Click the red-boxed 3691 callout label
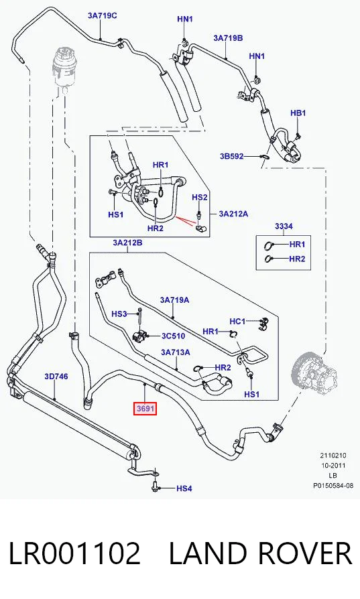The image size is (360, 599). (145, 409)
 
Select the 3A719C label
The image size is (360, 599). (103, 15)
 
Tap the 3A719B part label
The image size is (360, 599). (228, 38)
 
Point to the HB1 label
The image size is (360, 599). (298, 113)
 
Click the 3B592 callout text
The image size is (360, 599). (231, 156)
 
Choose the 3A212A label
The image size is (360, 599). (233, 214)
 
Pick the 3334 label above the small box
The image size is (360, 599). (284, 226)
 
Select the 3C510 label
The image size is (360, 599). (173, 336)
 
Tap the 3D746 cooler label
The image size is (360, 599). (56, 377)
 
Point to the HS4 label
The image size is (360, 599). (184, 488)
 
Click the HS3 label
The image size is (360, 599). (119, 314)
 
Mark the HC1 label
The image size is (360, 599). (237, 322)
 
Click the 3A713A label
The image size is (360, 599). (176, 352)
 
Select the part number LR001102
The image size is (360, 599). (74, 554)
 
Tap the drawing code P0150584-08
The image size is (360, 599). (333, 486)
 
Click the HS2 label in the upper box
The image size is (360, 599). (200, 198)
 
